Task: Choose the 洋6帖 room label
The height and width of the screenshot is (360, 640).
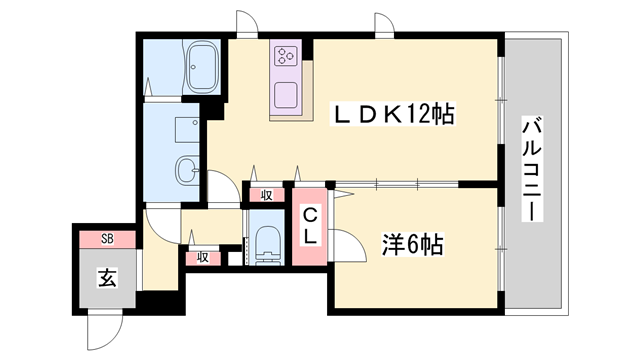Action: click(413, 243)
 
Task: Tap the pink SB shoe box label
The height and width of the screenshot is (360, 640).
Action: click(107, 239)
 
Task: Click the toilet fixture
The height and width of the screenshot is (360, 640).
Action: click(267, 246)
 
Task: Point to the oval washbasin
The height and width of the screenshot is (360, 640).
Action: click(186, 171)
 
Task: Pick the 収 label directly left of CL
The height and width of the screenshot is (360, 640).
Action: click(267, 195)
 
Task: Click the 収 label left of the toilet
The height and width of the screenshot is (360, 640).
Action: click(202, 257)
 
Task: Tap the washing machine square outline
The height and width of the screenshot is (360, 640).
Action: click(186, 129)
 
